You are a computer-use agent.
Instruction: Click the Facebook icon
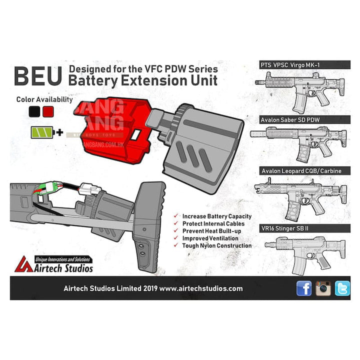pyautogui.click(x=304, y=288)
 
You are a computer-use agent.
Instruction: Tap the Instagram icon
pyautogui.click(x=323, y=288)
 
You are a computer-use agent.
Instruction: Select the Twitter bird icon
pyautogui.click(x=342, y=288)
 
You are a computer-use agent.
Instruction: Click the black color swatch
pyautogui.click(x=34, y=111)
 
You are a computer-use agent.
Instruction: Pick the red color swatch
pyautogui.click(x=48, y=111)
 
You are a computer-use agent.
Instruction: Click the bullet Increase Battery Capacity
pyautogui.click(x=216, y=216)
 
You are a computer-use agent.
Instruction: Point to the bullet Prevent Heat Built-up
pyautogui.click(x=213, y=231)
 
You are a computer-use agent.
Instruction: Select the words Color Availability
pyautogui.click(x=44, y=99)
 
